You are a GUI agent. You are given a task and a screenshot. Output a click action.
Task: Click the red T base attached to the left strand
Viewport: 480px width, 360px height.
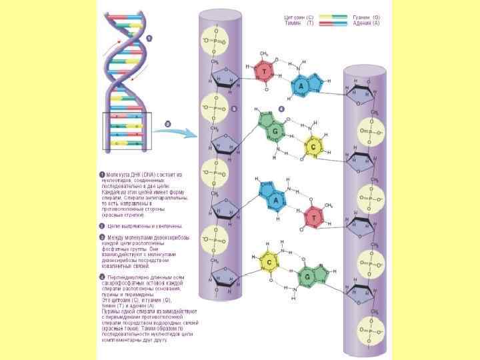click(x=266, y=71)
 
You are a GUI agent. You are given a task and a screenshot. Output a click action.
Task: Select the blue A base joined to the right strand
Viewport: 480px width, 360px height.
click(x=300, y=87)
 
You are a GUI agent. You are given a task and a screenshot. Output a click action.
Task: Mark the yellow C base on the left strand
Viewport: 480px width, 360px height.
click(x=268, y=263)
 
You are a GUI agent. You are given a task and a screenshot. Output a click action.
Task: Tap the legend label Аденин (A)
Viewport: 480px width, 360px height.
click(x=367, y=23)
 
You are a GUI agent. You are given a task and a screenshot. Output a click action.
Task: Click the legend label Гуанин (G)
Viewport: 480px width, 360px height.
click(x=367, y=17)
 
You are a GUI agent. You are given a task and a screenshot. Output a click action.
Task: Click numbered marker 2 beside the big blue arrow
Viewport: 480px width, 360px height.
click(x=167, y=123)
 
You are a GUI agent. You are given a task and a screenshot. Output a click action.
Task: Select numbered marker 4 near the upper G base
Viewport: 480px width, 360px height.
click(x=281, y=108)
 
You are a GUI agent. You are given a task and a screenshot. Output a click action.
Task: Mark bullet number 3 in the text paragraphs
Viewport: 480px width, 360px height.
click(x=102, y=237)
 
